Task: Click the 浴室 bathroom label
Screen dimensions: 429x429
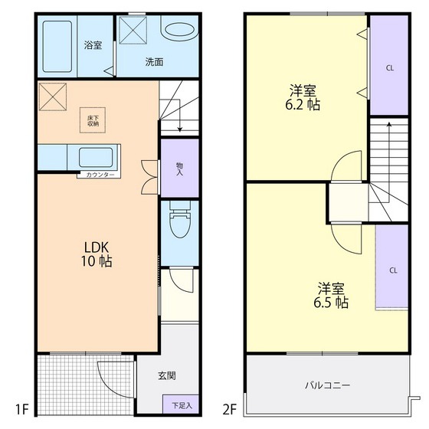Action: [93, 45]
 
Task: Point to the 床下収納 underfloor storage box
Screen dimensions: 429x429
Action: [93, 118]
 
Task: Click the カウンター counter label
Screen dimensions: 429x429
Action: [100, 175]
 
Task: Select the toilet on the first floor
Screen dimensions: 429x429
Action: [179, 223]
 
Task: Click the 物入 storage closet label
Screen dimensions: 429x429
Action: [179, 168]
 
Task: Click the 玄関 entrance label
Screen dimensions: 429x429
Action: [167, 376]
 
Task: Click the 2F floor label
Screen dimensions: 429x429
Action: [231, 409]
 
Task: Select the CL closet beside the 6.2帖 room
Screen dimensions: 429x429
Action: [390, 67]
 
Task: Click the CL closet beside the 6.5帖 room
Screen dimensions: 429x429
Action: [392, 270]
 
